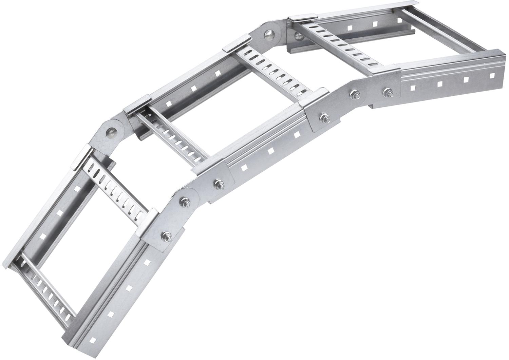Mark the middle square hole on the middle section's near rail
(271, 151)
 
